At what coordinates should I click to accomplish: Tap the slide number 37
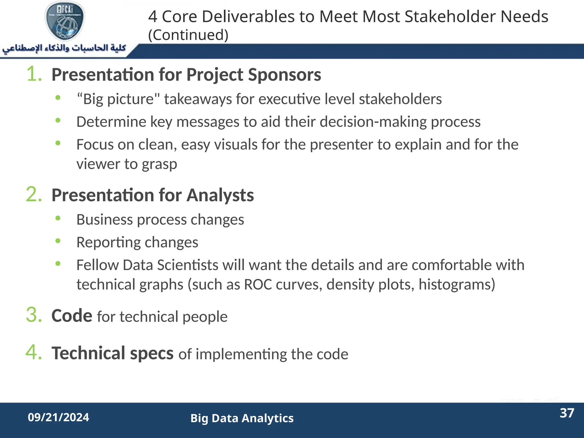[x=567, y=413]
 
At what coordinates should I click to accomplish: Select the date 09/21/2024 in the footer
[x=58, y=417]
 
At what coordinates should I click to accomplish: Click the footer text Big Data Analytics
[x=242, y=418]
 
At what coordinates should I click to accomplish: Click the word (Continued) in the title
[x=188, y=35]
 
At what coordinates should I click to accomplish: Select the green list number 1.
[x=34, y=74]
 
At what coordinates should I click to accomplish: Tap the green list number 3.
[x=34, y=315]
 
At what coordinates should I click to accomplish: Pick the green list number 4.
[x=34, y=352]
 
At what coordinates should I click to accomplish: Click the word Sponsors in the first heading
[x=285, y=75]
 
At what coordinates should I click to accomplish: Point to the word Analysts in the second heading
[x=220, y=195]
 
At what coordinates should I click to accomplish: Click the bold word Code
[x=72, y=316]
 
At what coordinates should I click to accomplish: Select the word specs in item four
[x=152, y=354]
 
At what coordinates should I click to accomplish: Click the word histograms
[x=457, y=285]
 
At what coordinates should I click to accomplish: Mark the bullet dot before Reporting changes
[x=58, y=241]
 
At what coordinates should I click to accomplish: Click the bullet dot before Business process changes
[x=58, y=218]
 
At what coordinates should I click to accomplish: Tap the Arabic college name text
[x=64, y=48]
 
